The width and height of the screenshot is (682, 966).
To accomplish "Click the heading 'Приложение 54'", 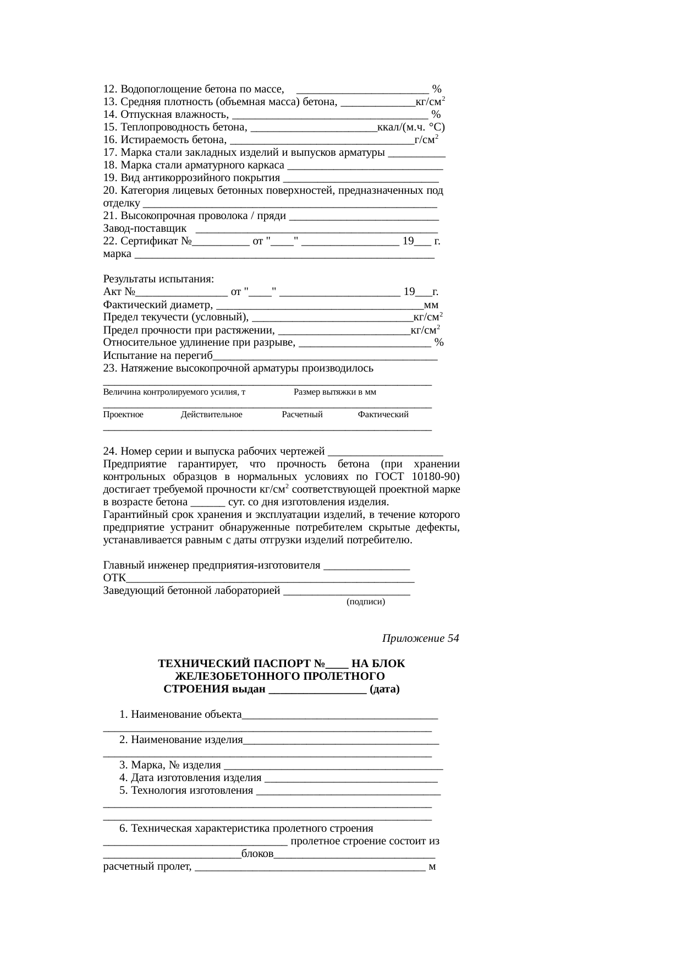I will [x=420, y=638].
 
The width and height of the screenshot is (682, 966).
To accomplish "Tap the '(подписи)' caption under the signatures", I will [x=365, y=602].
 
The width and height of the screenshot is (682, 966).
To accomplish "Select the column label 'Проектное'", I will [x=123, y=414].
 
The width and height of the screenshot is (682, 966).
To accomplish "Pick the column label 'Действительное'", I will [x=211, y=414].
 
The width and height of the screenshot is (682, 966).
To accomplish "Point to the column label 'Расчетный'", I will [x=302, y=414].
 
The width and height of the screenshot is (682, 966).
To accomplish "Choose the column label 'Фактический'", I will [x=383, y=414].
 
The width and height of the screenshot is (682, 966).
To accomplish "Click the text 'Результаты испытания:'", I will [x=158, y=279].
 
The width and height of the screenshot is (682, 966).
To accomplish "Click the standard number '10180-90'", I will [x=439, y=477].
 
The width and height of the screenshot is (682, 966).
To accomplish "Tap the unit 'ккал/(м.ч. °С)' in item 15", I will [x=411, y=127].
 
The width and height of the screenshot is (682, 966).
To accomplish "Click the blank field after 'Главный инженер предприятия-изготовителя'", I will [x=367, y=566].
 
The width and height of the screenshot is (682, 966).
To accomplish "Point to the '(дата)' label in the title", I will [x=384, y=689].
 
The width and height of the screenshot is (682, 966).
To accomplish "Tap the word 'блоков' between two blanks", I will [x=257, y=854].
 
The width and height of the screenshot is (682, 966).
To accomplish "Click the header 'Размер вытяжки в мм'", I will [x=335, y=392].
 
